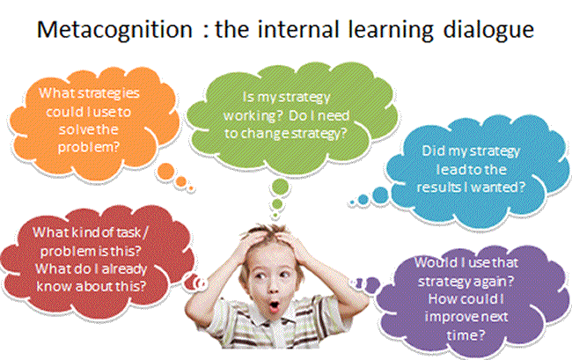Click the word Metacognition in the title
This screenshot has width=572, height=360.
114,30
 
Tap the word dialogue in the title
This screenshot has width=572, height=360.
488,30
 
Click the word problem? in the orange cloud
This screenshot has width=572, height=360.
89,147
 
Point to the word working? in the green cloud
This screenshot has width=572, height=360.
253,116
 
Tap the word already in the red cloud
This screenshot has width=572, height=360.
124,269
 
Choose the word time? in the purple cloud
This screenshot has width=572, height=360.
466,334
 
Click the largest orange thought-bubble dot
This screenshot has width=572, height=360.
165,171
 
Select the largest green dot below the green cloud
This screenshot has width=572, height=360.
280,187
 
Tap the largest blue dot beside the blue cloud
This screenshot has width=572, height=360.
380,195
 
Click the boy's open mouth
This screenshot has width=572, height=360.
274,306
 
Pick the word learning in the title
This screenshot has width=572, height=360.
391,30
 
